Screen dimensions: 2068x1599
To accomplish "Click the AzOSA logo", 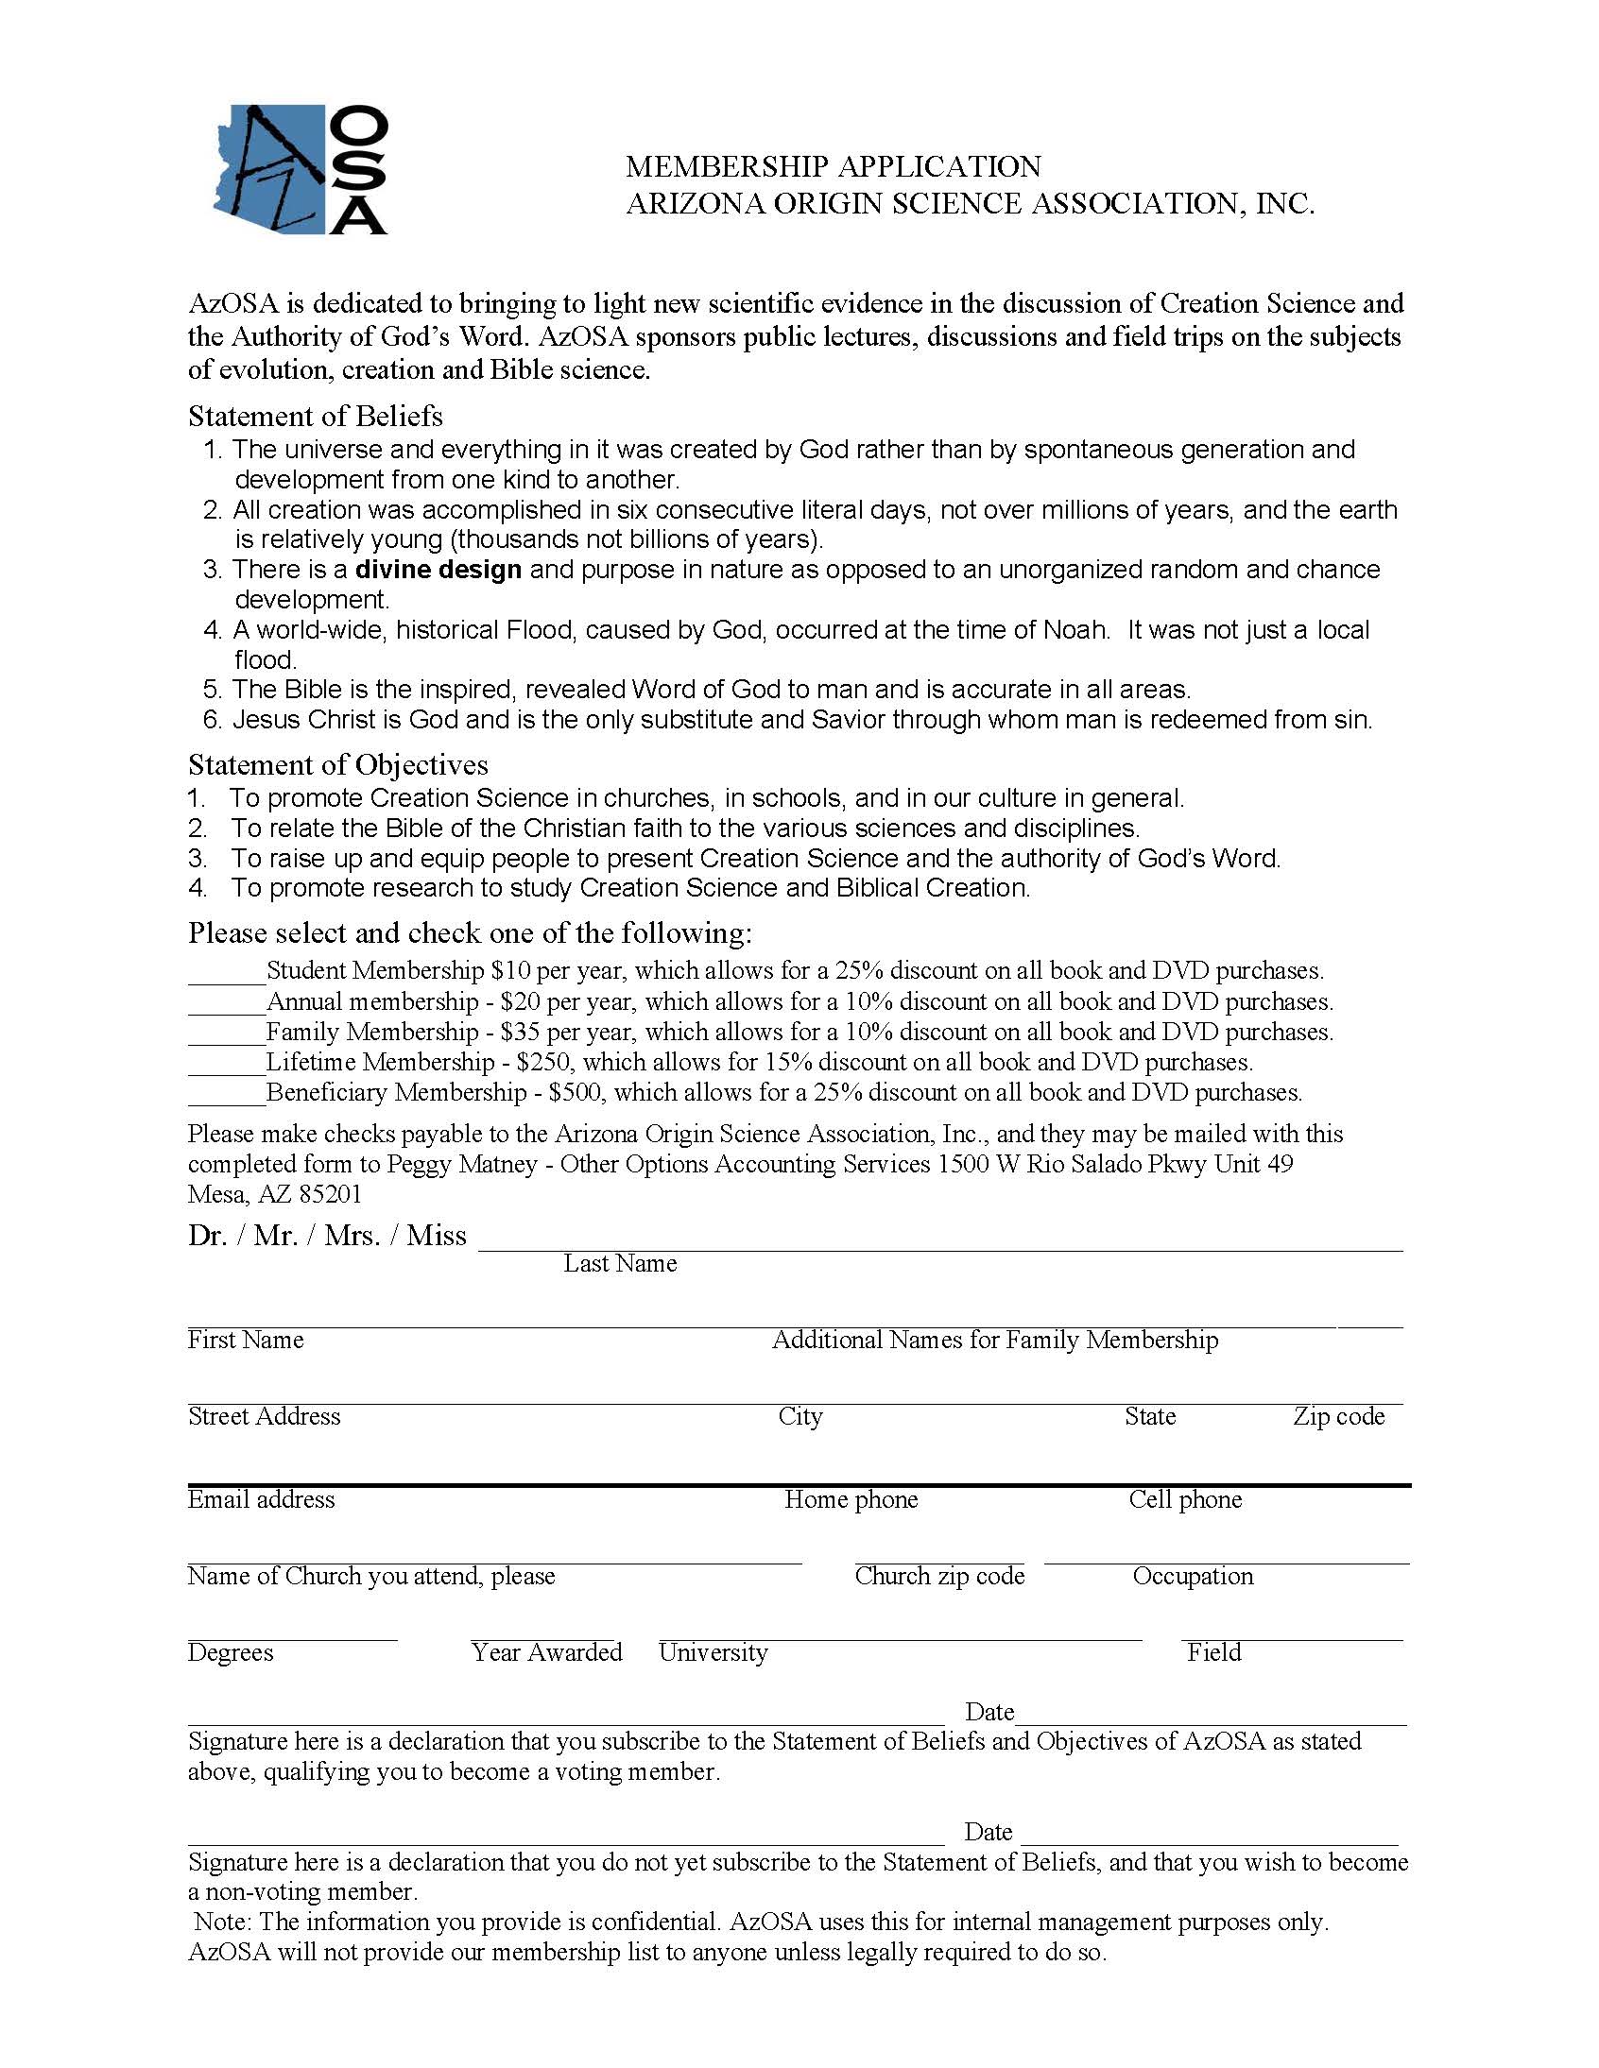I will (x=300, y=169).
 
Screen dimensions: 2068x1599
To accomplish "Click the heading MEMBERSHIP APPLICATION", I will (x=833, y=166).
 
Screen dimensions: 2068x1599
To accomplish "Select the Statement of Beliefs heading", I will (x=316, y=416).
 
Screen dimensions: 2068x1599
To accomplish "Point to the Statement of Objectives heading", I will (x=338, y=764).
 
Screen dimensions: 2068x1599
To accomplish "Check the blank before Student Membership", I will (x=227, y=972).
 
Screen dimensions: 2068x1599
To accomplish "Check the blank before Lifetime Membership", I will (x=227, y=1064).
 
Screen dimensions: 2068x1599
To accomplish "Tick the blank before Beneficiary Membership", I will (x=227, y=1094).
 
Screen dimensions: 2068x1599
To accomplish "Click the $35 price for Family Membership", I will (x=517, y=1031).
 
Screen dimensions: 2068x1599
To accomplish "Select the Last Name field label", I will (x=620, y=1263).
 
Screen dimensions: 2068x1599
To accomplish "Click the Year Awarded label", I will (x=546, y=1652).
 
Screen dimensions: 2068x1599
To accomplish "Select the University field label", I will (x=714, y=1652).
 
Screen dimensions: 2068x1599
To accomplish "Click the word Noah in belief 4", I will (x=1076, y=630).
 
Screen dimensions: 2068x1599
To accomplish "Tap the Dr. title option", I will (x=207, y=1236).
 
